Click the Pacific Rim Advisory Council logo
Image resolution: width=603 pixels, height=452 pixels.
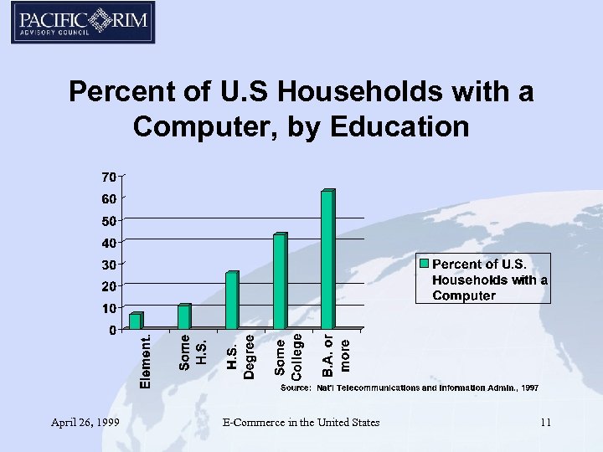pyautogui.click(x=83, y=23)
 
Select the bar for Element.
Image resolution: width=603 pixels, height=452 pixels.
pyautogui.click(x=136, y=321)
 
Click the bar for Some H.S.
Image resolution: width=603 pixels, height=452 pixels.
pyautogui.click(x=183, y=316)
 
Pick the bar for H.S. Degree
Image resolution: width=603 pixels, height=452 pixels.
pyautogui.click(x=232, y=300)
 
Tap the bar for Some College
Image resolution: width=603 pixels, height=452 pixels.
pyautogui.click(x=280, y=281)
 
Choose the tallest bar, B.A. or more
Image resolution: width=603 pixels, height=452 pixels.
pyautogui.click(x=327, y=259)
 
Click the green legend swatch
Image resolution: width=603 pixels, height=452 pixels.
pyautogui.click(x=424, y=265)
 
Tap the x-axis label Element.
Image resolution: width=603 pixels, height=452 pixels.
pyautogui.click(x=146, y=361)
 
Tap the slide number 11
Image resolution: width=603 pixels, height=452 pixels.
pyautogui.click(x=545, y=423)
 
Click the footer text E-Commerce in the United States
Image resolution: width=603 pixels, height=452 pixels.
pyautogui.click(x=301, y=423)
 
